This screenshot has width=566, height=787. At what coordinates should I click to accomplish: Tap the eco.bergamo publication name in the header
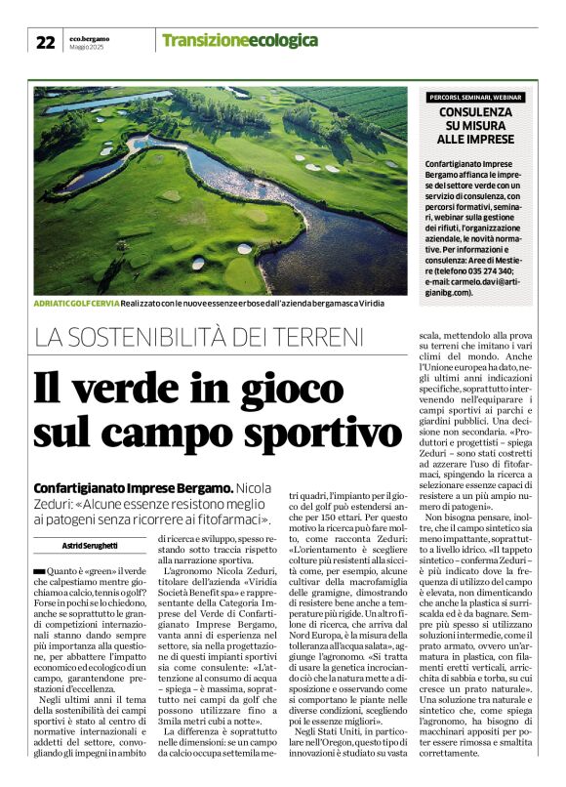tap(90, 37)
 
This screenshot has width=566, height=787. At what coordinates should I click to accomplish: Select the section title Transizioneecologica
tap(239, 40)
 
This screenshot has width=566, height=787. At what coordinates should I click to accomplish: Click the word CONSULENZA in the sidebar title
tap(482, 112)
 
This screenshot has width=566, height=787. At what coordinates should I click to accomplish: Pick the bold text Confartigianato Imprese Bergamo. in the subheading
tap(133, 487)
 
